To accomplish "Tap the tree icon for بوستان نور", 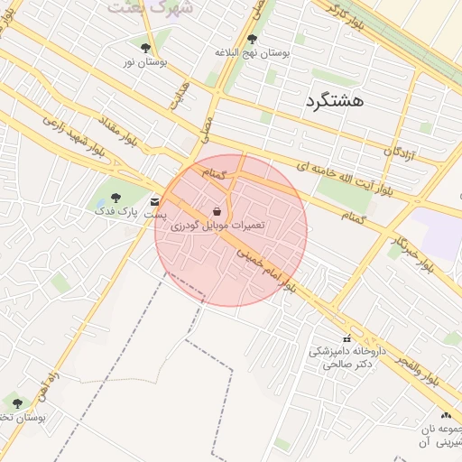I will (x=145, y=47).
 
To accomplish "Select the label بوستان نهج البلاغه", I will (x=252, y=53).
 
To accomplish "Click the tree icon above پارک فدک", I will (x=114, y=198).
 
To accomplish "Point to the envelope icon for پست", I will (x=156, y=201).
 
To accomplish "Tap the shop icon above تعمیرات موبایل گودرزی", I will (x=217, y=211).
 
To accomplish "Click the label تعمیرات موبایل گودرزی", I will (x=217, y=225).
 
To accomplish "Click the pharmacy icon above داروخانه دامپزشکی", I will (x=346, y=338).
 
